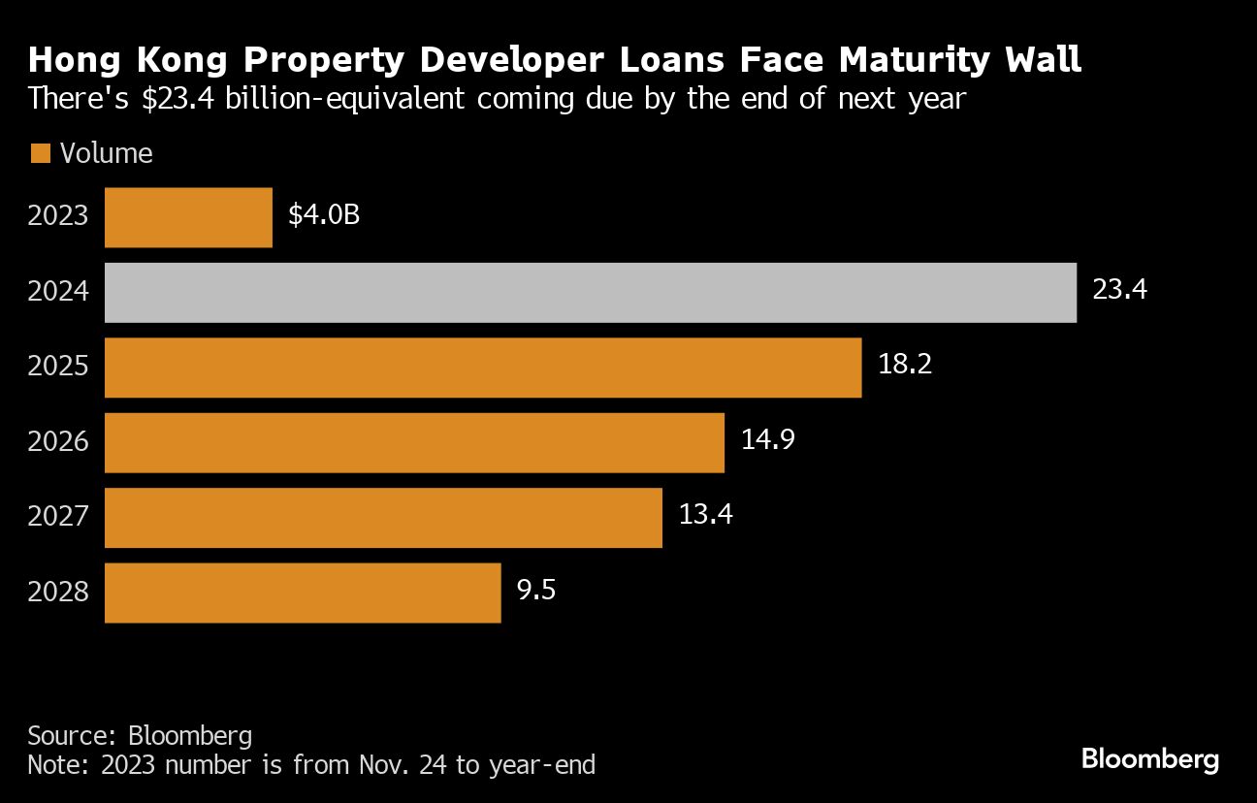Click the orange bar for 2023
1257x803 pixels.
coord(188,217)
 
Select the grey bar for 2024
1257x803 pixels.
coord(590,292)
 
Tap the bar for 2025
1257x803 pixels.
coord(482,368)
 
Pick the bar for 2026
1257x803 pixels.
coord(414,442)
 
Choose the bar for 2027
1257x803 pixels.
coord(383,517)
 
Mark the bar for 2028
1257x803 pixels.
coord(303,593)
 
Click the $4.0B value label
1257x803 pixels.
coord(324,215)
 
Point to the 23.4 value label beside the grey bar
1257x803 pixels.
coord(1119,290)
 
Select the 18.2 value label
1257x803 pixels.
coord(904,366)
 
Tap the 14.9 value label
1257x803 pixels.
coord(768,440)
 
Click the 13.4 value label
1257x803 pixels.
coord(705,515)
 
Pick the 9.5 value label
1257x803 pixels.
coord(536,590)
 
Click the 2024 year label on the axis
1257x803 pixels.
coord(58,291)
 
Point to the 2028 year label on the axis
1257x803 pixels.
coord(58,592)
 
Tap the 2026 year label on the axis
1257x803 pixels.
coord(58,441)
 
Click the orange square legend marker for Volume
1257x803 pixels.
coord(40,153)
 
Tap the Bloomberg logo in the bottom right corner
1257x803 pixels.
coord(1149,758)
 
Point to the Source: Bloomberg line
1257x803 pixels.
coord(140,733)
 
